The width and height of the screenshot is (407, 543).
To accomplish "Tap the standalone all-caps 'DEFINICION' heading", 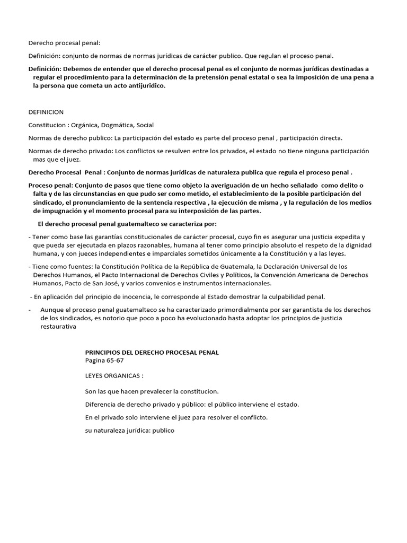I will click(46, 112).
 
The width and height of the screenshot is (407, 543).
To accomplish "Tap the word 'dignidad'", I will click(358, 246).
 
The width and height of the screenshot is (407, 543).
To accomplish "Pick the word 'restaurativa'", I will click(59, 327).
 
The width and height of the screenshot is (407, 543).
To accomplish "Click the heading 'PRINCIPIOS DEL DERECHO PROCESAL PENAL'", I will click(152, 352).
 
